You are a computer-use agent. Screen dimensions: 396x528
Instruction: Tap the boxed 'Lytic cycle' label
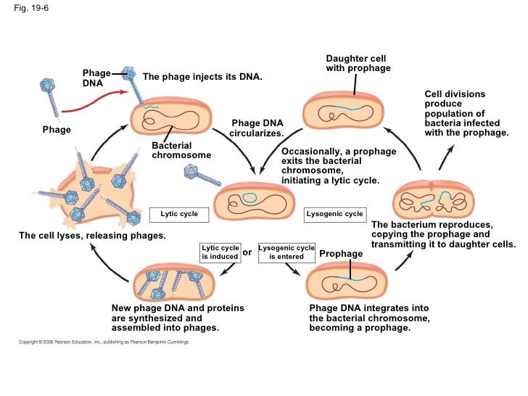pyautogui.click(x=178, y=215)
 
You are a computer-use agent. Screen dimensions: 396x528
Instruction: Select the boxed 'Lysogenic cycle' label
pyautogui.click(x=334, y=215)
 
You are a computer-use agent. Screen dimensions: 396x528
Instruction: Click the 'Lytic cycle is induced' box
pyautogui.click(x=220, y=252)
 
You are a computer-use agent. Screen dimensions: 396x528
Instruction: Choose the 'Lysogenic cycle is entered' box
pyautogui.click(x=286, y=252)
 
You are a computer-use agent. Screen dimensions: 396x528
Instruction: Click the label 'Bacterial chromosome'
pyautogui.click(x=181, y=151)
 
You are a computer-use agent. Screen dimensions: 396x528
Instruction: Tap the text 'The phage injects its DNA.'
pyautogui.click(x=202, y=77)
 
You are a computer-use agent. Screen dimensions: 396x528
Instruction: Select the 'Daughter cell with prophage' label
pyautogui.click(x=358, y=63)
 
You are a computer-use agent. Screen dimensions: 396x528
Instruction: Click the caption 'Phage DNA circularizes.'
pyautogui.click(x=257, y=128)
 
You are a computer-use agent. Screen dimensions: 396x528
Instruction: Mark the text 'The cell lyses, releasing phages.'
pyautogui.click(x=92, y=236)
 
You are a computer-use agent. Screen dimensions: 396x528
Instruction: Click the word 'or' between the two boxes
pyautogui.click(x=247, y=252)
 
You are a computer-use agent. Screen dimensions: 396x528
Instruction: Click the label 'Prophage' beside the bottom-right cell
pyautogui.click(x=341, y=254)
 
